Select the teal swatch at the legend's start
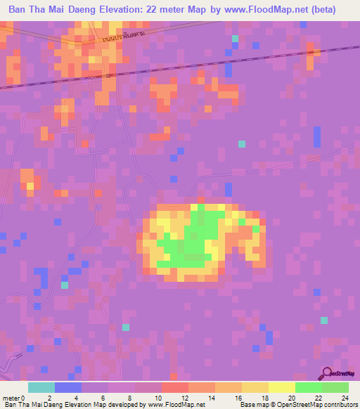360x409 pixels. click(41, 387)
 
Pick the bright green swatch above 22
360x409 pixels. click(309, 387)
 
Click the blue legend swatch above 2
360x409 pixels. click(68, 387)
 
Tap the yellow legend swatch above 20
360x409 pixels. click(282, 387)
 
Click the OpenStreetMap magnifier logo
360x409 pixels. click(326, 372)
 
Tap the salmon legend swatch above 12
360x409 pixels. click(175, 387)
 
